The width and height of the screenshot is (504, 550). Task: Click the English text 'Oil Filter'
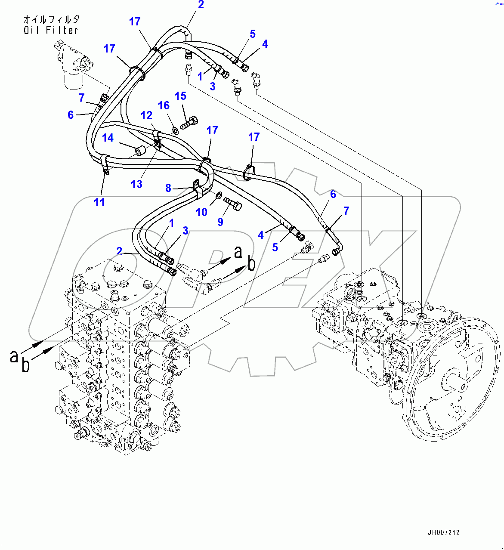pyautogui.click(x=51, y=30)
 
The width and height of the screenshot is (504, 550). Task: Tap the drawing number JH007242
pyautogui.click(x=443, y=532)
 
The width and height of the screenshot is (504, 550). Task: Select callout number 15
pyautogui.click(x=180, y=96)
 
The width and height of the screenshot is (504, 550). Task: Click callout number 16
pyautogui.click(x=164, y=106)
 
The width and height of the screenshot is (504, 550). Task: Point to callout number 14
pyautogui.click(x=108, y=138)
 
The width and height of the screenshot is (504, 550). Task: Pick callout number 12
pyautogui.click(x=146, y=115)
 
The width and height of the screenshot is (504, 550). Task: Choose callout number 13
pyautogui.click(x=136, y=184)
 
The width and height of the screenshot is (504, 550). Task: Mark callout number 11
pyautogui.click(x=99, y=202)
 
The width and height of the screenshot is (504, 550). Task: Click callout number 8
pyautogui.click(x=168, y=188)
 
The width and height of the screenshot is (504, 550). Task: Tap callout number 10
pyautogui.click(x=201, y=212)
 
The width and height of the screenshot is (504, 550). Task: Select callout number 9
pyautogui.click(x=220, y=222)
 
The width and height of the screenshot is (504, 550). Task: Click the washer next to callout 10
pyautogui.click(x=219, y=196)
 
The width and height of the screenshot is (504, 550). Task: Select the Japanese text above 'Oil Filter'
pyautogui.click(x=51, y=19)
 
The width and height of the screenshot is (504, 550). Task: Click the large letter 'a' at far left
pyautogui.click(x=14, y=355)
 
